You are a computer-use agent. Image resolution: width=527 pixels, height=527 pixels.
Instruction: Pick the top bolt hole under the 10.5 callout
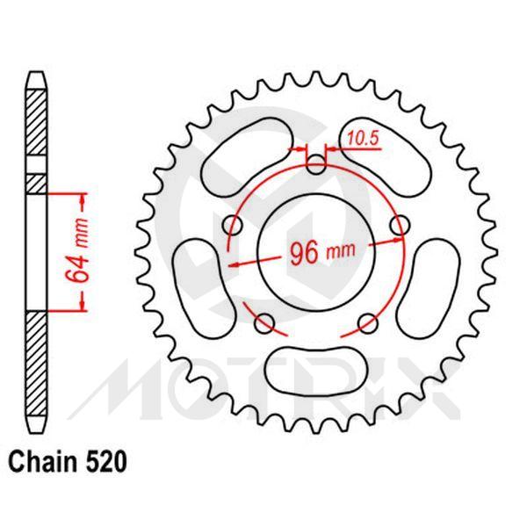pos(316,163)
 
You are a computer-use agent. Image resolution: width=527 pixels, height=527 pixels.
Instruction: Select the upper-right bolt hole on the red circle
pos(401,224)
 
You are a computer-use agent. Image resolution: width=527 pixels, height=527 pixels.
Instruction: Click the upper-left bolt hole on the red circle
pos(232,224)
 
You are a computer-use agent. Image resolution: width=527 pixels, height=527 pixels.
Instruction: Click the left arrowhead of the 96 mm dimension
pos(233,261)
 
